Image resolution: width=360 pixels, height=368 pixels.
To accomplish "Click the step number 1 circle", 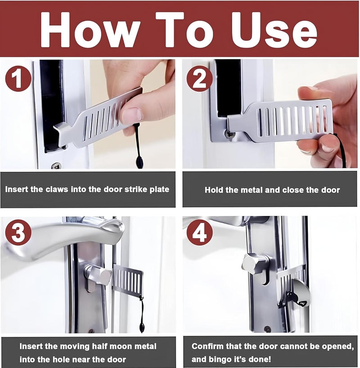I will (18, 79).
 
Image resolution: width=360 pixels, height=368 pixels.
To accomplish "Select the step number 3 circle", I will (18, 233).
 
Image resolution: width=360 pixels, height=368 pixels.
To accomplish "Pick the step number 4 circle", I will (199, 233).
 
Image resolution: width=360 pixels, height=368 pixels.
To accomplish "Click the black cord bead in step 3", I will (142, 326).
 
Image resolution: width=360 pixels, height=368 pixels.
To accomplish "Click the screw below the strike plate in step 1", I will (56, 166).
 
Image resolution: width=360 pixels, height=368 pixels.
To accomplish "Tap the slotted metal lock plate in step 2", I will (288, 119).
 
